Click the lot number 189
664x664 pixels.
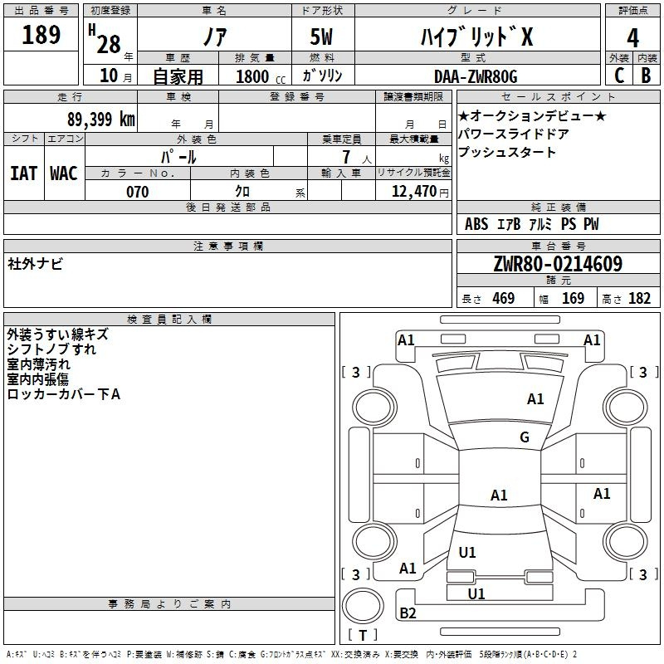(x=41, y=35)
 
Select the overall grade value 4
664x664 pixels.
(x=632, y=37)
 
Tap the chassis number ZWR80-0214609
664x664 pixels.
(x=557, y=265)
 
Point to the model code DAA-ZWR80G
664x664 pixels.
(x=476, y=76)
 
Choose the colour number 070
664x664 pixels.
(x=137, y=192)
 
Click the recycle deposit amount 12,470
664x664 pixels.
(x=412, y=192)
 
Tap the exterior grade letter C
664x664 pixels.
(x=618, y=76)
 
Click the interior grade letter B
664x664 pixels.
(x=647, y=76)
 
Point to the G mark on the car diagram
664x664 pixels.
(x=525, y=437)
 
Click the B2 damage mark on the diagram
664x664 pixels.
(x=408, y=613)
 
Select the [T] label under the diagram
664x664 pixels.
(x=363, y=636)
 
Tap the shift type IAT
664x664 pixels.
(x=23, y=173)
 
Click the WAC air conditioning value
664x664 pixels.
(x=63, y=173)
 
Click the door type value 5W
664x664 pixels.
(x=323, y=37)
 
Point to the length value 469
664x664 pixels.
(x=503, y=299)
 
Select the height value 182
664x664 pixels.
(x=639, y=299)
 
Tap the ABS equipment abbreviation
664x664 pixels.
(x=476, y=224)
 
